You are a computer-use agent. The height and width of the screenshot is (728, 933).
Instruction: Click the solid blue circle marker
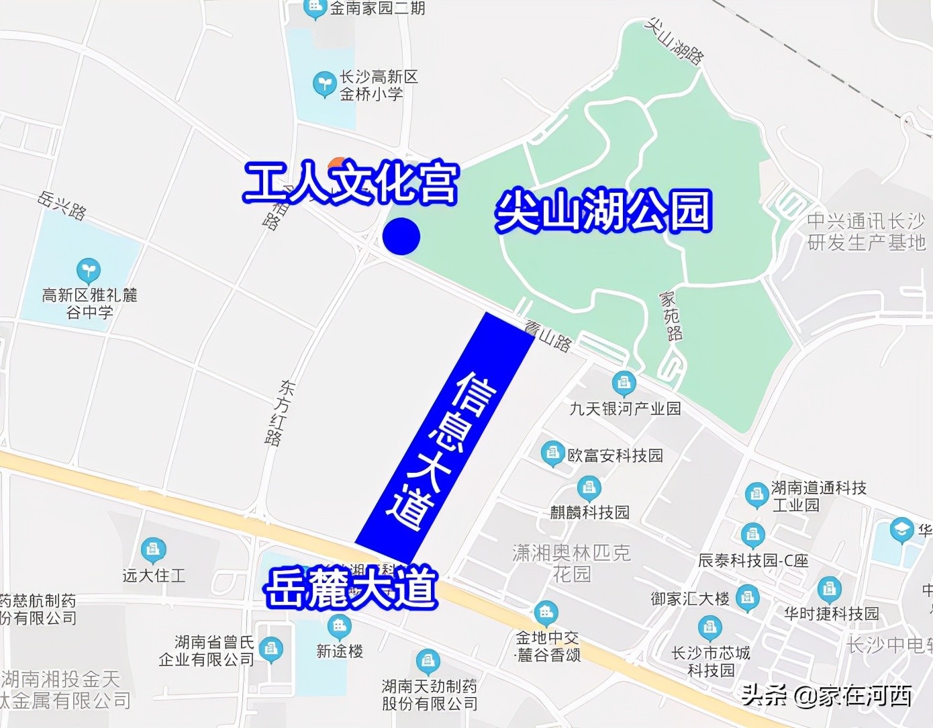401,236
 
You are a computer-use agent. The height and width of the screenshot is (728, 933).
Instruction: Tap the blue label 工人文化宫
351,183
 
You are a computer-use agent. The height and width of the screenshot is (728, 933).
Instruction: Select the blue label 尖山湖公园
603,211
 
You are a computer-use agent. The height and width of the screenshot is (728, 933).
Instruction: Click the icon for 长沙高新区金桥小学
324,85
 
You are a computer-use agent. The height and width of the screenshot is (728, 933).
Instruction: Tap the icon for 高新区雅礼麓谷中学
88,271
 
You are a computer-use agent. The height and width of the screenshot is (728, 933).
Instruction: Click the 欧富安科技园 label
615,455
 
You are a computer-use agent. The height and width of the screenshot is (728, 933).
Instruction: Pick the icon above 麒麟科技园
589,487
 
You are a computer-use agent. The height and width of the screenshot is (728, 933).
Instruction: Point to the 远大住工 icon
154,549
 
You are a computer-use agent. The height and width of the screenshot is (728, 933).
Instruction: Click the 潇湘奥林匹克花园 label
572,563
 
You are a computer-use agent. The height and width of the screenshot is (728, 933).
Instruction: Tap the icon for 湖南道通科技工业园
756,495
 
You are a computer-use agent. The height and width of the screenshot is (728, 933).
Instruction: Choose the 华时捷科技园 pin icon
830,589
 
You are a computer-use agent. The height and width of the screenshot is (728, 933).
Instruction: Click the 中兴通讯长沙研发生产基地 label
866,231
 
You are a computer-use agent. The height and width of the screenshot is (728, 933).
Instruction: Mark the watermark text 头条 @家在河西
826,696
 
